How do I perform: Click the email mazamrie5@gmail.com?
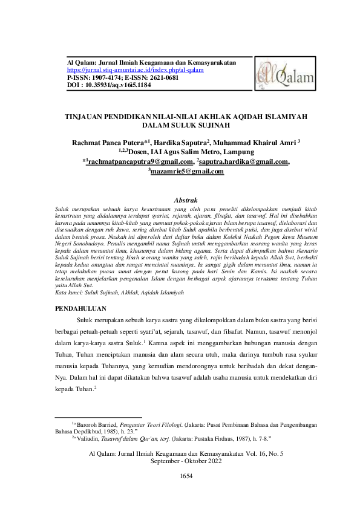pyautogui.click(x=188, y=172)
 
